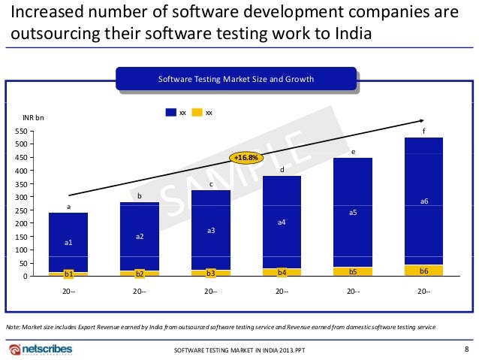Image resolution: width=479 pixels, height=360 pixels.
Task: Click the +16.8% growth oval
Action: point(246,158)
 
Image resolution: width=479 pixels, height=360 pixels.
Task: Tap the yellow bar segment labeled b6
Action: point(423,270)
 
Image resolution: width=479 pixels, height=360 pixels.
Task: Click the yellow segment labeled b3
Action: point(211,273)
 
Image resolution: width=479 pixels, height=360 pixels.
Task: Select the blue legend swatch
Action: point(170,112)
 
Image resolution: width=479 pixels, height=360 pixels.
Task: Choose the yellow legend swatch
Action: point(197,112)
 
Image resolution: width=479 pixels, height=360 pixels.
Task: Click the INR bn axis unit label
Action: point(34,118)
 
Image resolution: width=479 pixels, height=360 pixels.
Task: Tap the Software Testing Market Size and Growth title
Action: point(236,79)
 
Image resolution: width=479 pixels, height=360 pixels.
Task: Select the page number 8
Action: point(467,349)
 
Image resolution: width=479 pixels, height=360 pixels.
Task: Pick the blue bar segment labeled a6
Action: point(423,201)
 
